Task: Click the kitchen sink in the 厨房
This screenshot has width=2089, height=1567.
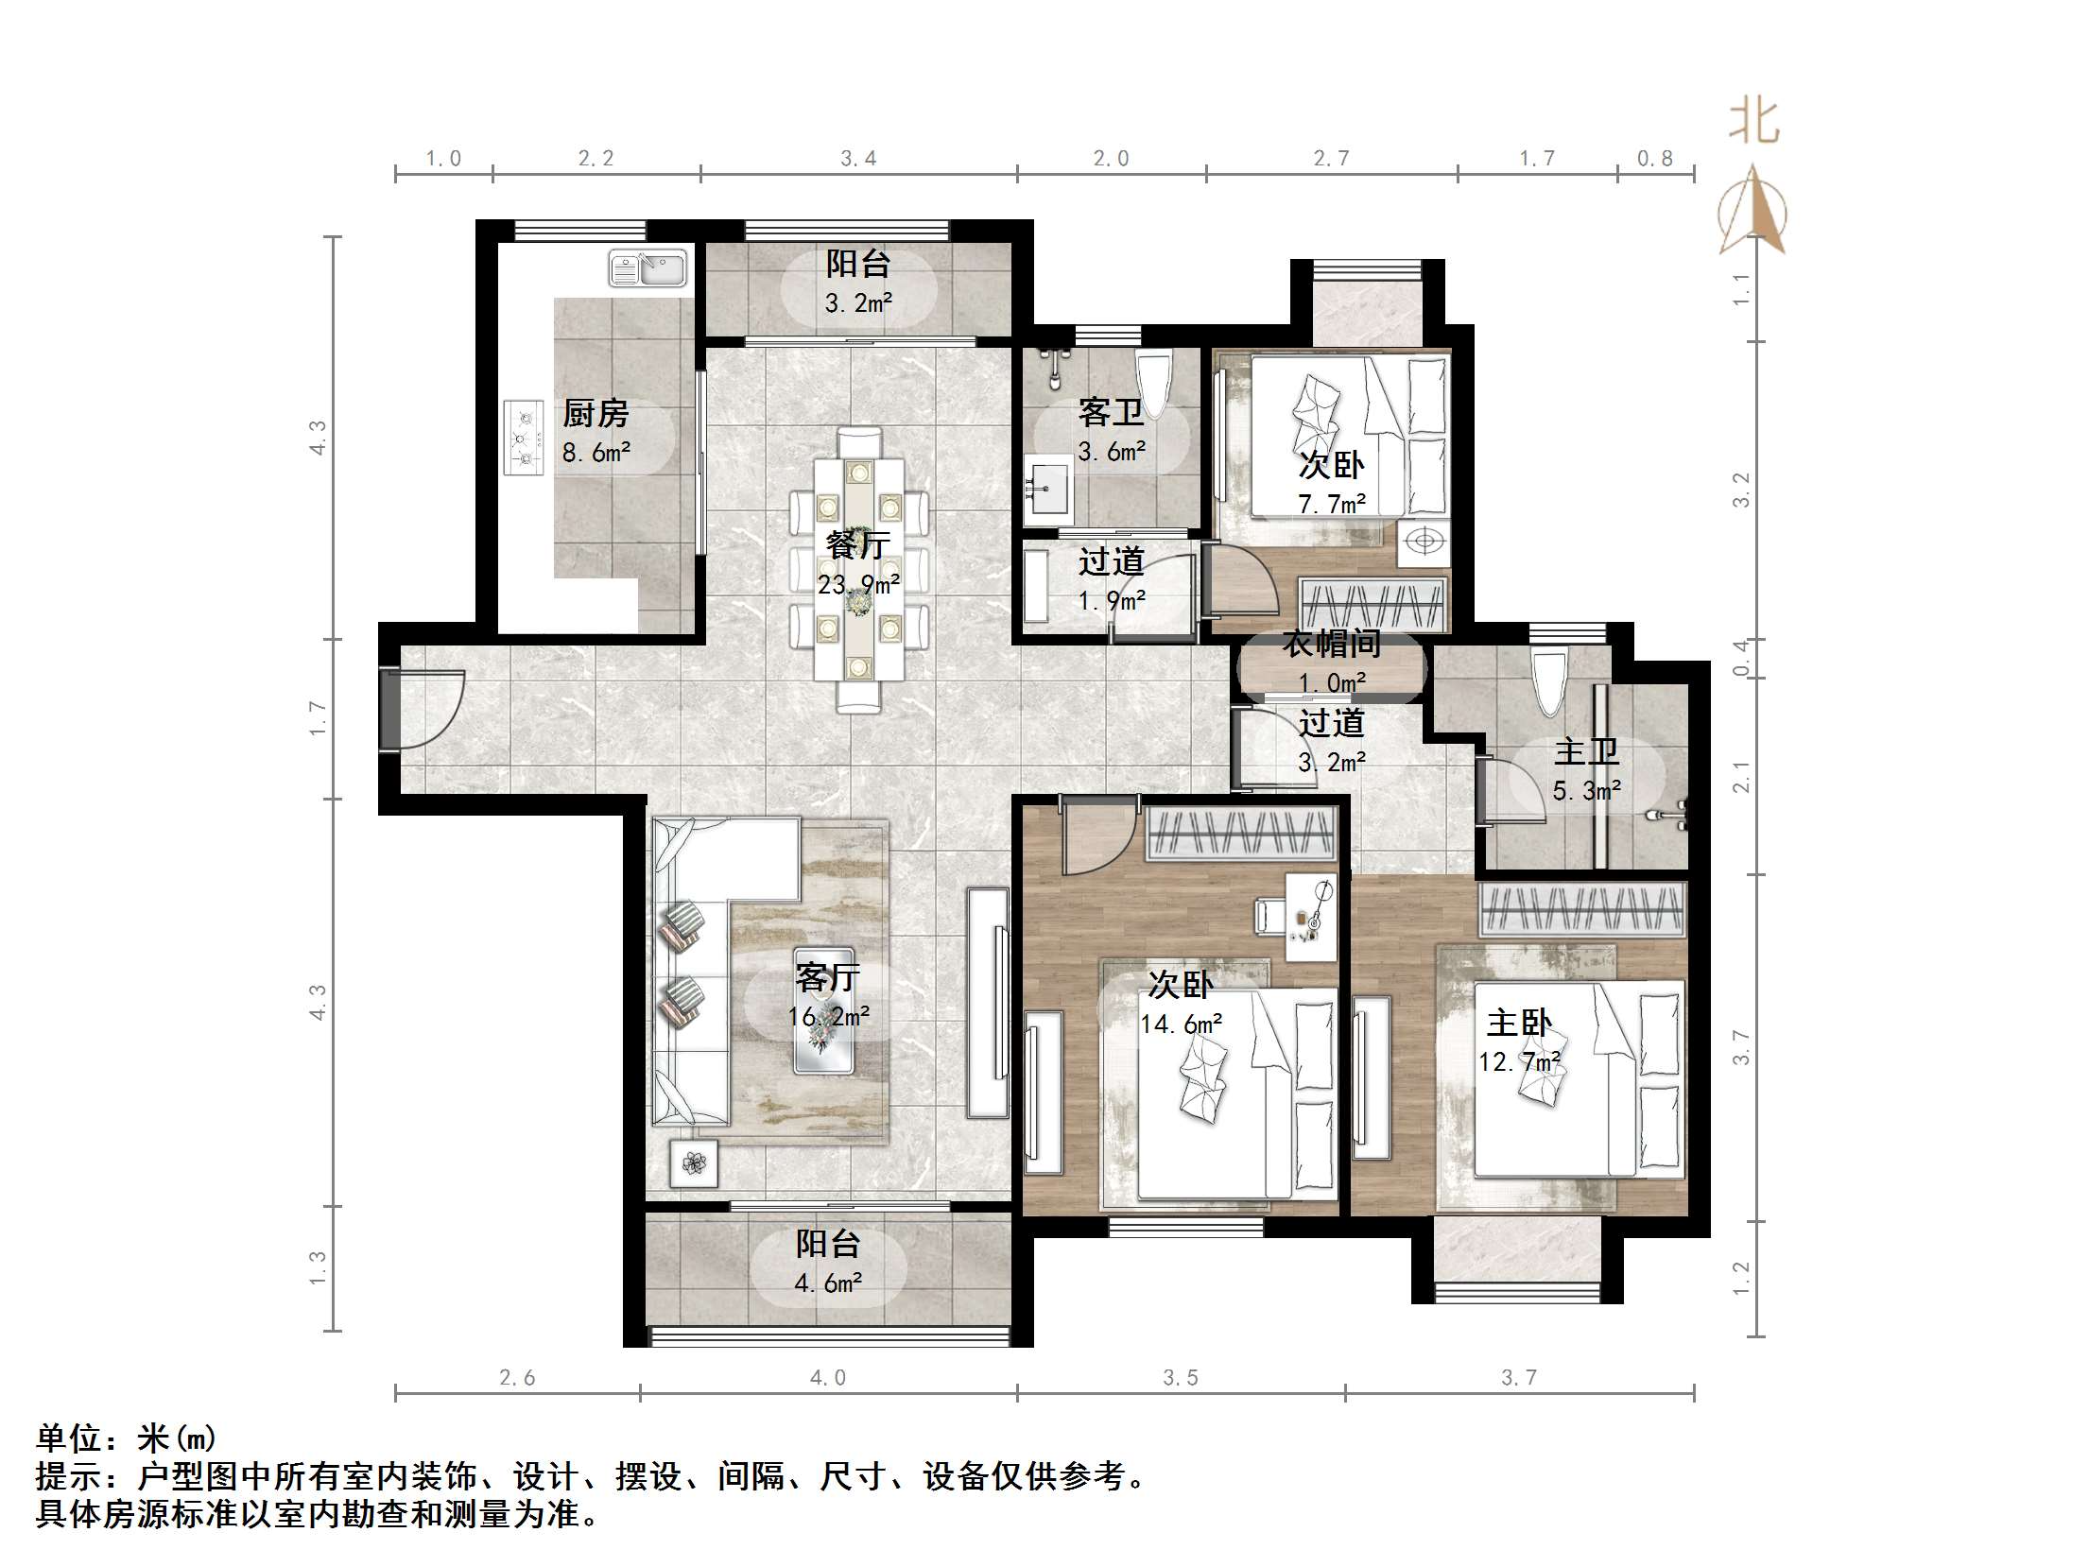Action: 647,268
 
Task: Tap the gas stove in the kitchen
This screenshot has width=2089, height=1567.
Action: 524,438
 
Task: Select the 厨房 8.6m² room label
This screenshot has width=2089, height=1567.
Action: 596,432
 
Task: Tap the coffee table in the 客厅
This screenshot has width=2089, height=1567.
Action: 823,1011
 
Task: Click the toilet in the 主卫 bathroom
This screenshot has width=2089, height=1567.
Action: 1550,682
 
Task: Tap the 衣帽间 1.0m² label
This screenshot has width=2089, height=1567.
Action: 1331,663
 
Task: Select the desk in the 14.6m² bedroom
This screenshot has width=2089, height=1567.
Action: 1310,917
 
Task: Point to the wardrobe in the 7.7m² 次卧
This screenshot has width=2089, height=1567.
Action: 1373,603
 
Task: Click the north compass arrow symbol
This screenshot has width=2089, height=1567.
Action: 1753,213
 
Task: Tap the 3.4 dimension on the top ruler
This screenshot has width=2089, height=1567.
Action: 858,159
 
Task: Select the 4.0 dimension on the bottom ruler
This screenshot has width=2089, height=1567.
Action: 827,1378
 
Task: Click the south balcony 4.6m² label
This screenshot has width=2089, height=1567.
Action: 827,1263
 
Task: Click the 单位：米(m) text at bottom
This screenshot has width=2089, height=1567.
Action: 127,1438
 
